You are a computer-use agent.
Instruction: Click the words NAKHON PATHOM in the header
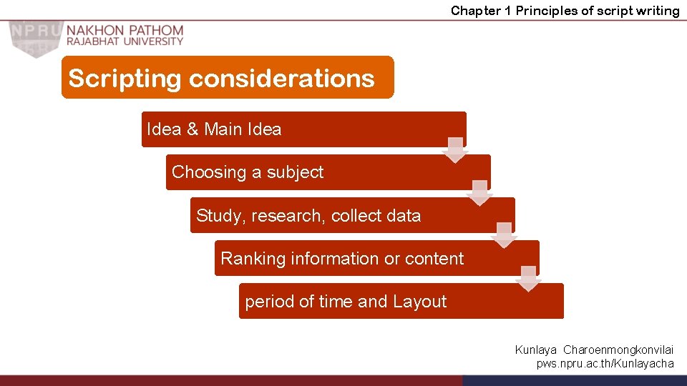point(125,31)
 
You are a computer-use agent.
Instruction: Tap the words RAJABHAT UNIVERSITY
point(125,41)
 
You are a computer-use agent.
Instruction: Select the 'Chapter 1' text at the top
point(481,10)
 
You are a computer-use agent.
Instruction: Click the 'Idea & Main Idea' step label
point(214,129)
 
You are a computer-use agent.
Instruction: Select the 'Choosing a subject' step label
point(248,172)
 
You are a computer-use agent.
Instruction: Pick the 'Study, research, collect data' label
point(308,215)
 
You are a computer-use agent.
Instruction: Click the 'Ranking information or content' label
point(342,258)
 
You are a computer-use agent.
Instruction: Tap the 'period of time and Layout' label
point(346,302)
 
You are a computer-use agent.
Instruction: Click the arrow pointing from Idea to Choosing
point(454,149)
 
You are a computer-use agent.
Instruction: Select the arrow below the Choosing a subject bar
point(479,193)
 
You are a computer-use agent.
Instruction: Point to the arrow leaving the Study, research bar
point(504,235)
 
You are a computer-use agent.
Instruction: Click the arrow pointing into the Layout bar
point(528,278)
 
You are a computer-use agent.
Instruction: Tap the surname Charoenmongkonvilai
point(618,350)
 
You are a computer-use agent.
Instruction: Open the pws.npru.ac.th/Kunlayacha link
point(605,363)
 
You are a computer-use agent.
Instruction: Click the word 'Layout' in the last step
point(419,302)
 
